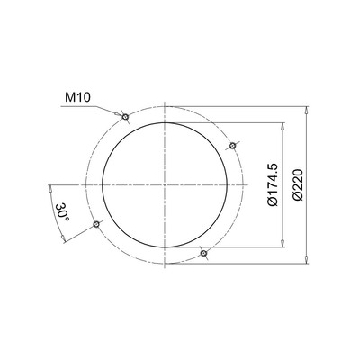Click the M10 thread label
point(76,94)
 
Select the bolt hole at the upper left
point(126,116)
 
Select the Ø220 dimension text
point(298,184)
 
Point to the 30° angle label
point(61,212)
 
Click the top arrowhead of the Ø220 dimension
point(309,110)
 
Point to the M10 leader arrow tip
point(121,113)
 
